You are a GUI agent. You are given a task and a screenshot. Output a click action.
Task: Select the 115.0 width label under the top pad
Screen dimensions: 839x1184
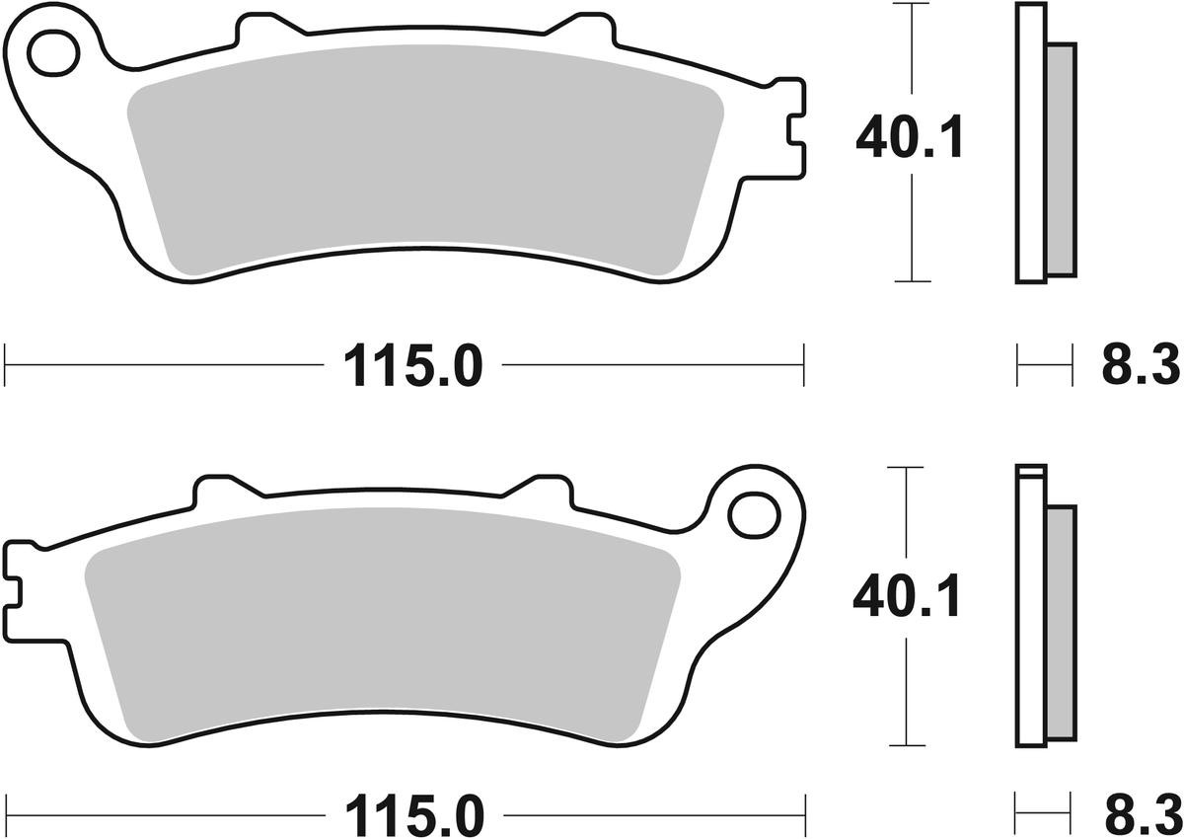point(413,367)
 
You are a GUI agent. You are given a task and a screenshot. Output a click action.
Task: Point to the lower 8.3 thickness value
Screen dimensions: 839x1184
point(1140,817)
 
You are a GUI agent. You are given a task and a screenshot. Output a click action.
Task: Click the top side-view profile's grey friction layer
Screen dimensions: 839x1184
point(1060,158)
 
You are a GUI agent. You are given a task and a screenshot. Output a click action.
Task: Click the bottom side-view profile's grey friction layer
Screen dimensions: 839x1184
point(1060,622)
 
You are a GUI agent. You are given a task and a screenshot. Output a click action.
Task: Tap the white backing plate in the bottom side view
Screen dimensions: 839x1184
point(1029,612)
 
